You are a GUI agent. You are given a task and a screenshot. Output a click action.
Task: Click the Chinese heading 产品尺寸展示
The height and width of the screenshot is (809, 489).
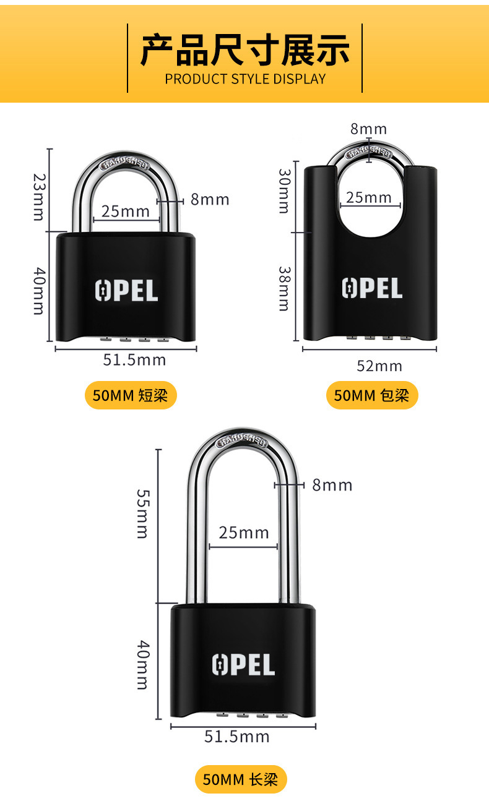click(x=244, y=51)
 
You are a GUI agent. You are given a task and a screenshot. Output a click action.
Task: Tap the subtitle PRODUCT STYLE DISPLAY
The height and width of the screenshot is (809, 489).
click(x=244, y=79)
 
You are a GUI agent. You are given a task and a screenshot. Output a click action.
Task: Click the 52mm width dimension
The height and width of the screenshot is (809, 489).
click(x=379, y=366)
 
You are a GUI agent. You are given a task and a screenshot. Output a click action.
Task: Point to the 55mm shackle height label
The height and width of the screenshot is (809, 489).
click(x=142, y=513)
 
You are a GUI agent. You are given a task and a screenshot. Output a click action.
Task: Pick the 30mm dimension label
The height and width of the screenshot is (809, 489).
click(x=283, y=191)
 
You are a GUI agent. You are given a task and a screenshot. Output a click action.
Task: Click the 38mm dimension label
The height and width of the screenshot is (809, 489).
click(x=283, y=288)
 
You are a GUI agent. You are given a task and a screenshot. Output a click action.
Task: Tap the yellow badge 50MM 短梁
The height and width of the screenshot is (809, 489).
click(x=130, y=395)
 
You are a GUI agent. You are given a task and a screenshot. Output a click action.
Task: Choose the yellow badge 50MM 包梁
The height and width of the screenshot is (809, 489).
click(x=372, y=395)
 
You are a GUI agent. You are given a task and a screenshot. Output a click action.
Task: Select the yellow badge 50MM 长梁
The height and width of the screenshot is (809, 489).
click(x=241, y=780)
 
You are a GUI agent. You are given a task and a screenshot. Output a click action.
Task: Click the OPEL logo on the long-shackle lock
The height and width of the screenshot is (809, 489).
click(x=243, y=664)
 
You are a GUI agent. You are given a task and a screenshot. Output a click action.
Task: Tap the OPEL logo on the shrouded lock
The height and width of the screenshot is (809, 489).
click(x=372, y=288)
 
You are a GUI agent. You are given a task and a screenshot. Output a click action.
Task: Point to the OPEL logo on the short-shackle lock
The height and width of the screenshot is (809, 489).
click(x=126, y=291)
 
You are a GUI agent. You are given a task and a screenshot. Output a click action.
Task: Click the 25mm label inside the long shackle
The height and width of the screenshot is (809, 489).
click(x=244, y=533)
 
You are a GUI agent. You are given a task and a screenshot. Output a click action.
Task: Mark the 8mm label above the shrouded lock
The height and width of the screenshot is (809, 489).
click(x=368, y=129)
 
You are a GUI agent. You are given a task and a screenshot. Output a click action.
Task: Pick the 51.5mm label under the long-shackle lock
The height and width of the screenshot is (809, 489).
click(x=237, y=737)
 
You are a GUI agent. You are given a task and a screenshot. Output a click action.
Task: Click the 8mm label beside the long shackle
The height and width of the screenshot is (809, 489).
click(x=332, y=485)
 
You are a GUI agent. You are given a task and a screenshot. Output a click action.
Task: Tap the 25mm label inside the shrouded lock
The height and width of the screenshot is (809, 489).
click(x=369, y=197)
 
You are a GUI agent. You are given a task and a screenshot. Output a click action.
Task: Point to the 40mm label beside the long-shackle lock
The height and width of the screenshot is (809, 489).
click(x=142, y=665)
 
